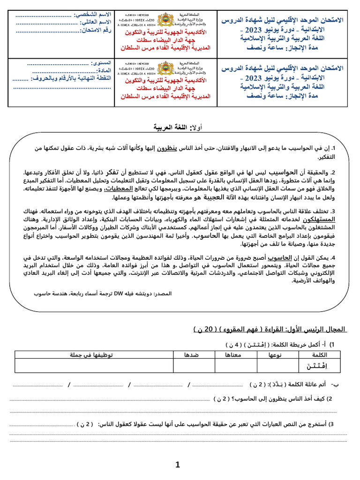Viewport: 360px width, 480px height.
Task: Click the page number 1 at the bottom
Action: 178,465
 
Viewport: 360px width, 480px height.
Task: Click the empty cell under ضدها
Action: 194,366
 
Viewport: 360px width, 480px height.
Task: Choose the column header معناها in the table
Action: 236,355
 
